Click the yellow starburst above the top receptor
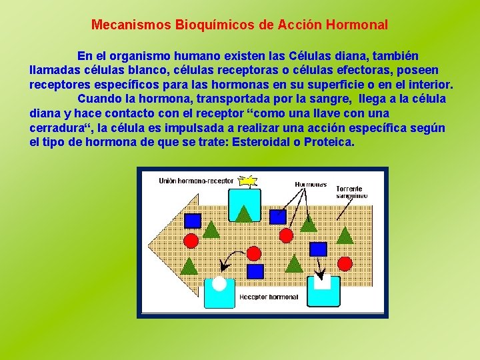pyautogui.click(x=249, y=180)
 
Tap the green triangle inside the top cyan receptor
pyautogui.click(x=244, y=213)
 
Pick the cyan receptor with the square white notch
pyautogui.click(x=322, y=291)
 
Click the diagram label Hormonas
pyautogui.click(x=311, y=184)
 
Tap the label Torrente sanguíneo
pyautogui.click(x=352, y=192)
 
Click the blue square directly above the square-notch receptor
pyautogui.click(x=319, y=249)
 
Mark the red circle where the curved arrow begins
pyautogui.click(x=254, y=253)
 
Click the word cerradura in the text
pyautogui.click(x=59, y=128)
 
